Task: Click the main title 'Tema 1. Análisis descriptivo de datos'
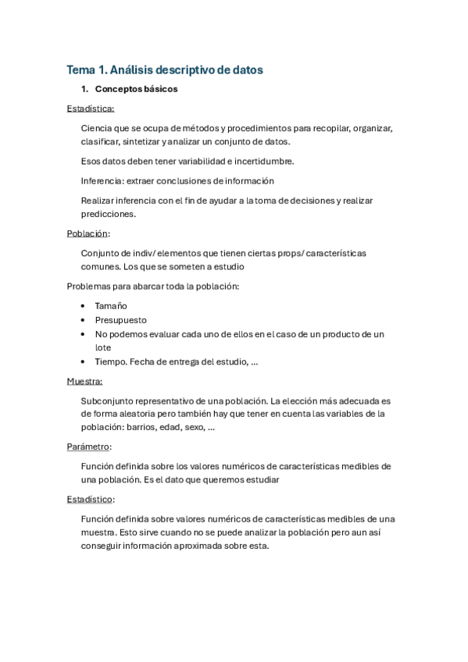165,69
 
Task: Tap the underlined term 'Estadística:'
91,109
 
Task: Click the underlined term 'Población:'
88,233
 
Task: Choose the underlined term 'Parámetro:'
89,447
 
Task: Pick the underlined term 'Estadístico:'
91,499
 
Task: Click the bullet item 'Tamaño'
111,306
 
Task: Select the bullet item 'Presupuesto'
120,320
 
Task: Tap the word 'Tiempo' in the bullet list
110,361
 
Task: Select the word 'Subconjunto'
106,400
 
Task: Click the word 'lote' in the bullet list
103,347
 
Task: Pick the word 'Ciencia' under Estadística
96,128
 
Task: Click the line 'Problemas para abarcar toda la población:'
153,287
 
